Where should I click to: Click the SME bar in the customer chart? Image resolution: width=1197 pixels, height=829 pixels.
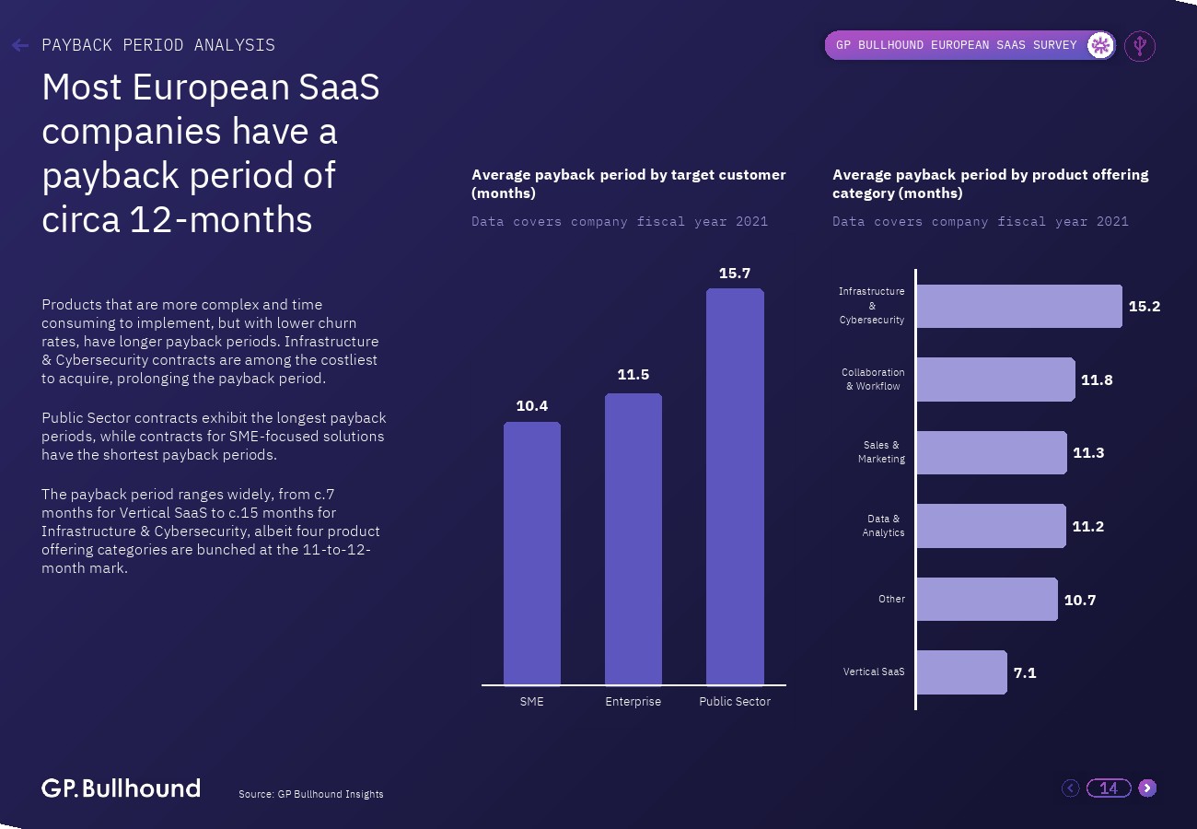(532, 554)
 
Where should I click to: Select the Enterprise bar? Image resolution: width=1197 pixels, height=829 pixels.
(633, 539)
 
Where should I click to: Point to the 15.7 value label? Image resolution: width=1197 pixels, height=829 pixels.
(735, 274)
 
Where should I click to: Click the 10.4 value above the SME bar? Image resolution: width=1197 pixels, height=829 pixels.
(532, 406)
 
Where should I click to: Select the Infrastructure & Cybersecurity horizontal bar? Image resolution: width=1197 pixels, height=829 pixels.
(1018, 306)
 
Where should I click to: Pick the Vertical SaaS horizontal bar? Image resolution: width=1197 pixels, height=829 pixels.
(961, 672)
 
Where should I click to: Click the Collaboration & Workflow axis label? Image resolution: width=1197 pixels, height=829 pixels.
(873, 379)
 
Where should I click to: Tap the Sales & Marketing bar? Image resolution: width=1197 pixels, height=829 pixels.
(991, 452)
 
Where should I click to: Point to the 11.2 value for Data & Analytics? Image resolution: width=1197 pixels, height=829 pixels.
(1087, 527)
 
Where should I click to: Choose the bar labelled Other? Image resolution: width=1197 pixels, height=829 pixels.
(986, 599)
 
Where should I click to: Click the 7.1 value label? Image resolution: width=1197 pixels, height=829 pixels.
(1025, 673)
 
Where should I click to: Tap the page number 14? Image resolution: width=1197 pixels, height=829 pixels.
(1109, 788)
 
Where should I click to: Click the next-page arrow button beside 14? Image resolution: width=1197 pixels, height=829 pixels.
(1147, 788)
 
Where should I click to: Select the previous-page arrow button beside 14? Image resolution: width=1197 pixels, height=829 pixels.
(1070, 788)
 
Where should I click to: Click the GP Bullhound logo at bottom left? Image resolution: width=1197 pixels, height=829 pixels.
(121, 788)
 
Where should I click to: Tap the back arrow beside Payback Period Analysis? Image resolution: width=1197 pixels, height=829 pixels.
(20, 45)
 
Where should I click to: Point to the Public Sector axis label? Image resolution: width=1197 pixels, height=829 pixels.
(735, 702)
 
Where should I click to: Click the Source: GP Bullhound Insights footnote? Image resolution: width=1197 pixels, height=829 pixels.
(310, 794)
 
